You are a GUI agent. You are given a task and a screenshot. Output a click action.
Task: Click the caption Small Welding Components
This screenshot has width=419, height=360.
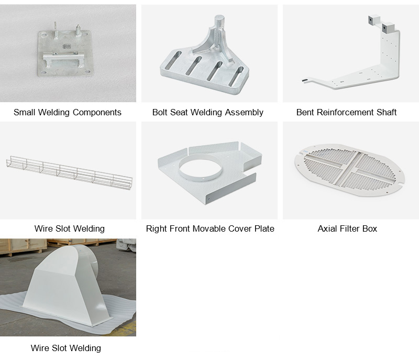68,112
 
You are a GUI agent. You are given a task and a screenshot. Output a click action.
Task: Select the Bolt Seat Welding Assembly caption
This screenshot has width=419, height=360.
207,112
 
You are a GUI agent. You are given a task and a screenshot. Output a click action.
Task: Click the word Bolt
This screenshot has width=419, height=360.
160,112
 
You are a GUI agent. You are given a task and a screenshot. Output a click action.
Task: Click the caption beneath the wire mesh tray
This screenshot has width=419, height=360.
70,229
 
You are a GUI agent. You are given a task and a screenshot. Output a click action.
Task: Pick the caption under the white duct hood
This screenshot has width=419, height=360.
66,348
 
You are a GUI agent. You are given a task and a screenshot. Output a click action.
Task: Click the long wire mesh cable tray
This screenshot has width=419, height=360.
69,172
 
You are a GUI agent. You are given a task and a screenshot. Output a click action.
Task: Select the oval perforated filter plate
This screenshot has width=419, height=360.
349,170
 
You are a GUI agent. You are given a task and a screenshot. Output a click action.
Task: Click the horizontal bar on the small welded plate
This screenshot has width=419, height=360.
63,57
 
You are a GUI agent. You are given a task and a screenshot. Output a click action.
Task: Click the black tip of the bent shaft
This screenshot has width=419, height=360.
305,80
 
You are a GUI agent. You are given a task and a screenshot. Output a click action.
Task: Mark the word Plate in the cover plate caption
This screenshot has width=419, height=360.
264,229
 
